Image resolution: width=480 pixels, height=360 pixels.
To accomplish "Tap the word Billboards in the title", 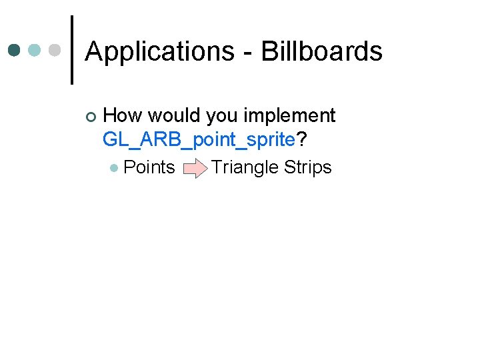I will (321, 51).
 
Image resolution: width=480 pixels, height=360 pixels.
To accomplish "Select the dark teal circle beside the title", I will (15, 50).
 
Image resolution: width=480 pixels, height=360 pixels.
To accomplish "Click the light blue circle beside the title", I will (35, 50).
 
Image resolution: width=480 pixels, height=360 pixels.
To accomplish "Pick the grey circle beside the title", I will (55, 50).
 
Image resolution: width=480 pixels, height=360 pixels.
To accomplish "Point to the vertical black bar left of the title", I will (71, 50).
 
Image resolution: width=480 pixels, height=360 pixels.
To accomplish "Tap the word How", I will (123, 115).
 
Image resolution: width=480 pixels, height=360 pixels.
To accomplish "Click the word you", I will (222, 117).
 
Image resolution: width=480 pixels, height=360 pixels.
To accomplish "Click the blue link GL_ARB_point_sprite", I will (199, 140).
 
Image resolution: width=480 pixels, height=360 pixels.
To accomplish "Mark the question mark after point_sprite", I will (301, 139).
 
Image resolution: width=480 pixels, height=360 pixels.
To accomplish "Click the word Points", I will (149, 167).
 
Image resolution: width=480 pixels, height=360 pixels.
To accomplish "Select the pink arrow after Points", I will (193, 167).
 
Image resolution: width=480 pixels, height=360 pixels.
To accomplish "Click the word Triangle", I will (245, 167).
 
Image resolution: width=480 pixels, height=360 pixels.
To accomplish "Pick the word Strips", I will (307, 167).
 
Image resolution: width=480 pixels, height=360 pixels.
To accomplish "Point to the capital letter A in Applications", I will (94, 51).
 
